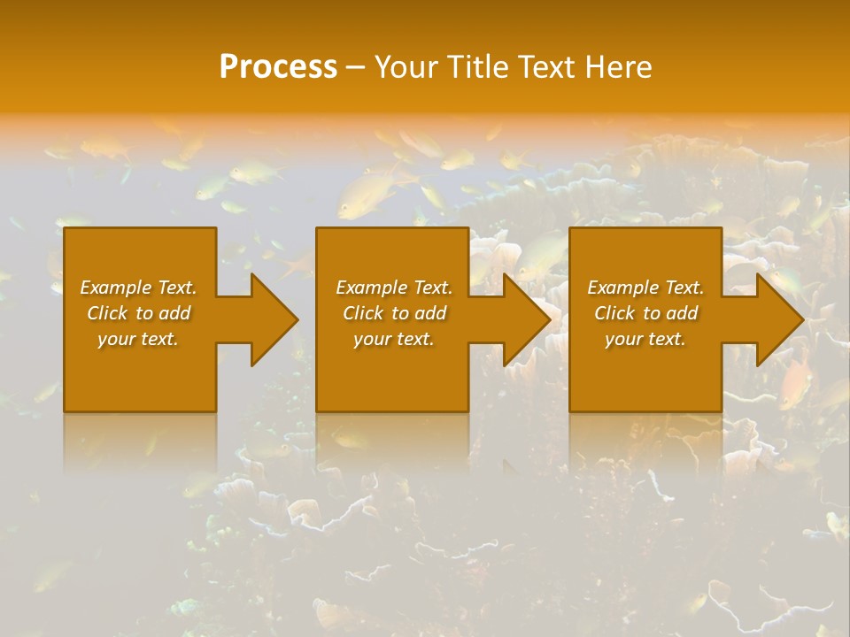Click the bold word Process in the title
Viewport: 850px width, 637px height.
click(278, 67)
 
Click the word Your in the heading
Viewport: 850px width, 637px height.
click(406, 67)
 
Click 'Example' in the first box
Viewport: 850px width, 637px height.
click(116, 288)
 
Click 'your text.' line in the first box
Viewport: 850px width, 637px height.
click(138, 339)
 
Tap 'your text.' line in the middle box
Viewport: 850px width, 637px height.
click(394, 339)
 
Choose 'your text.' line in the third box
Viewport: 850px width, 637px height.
click(645, 339)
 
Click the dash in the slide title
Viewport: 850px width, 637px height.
click(355, 68)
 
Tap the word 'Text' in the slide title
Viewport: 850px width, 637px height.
click(544, 67)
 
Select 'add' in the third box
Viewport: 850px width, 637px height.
click(682, 313)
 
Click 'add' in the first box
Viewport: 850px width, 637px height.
click(174, 313)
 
